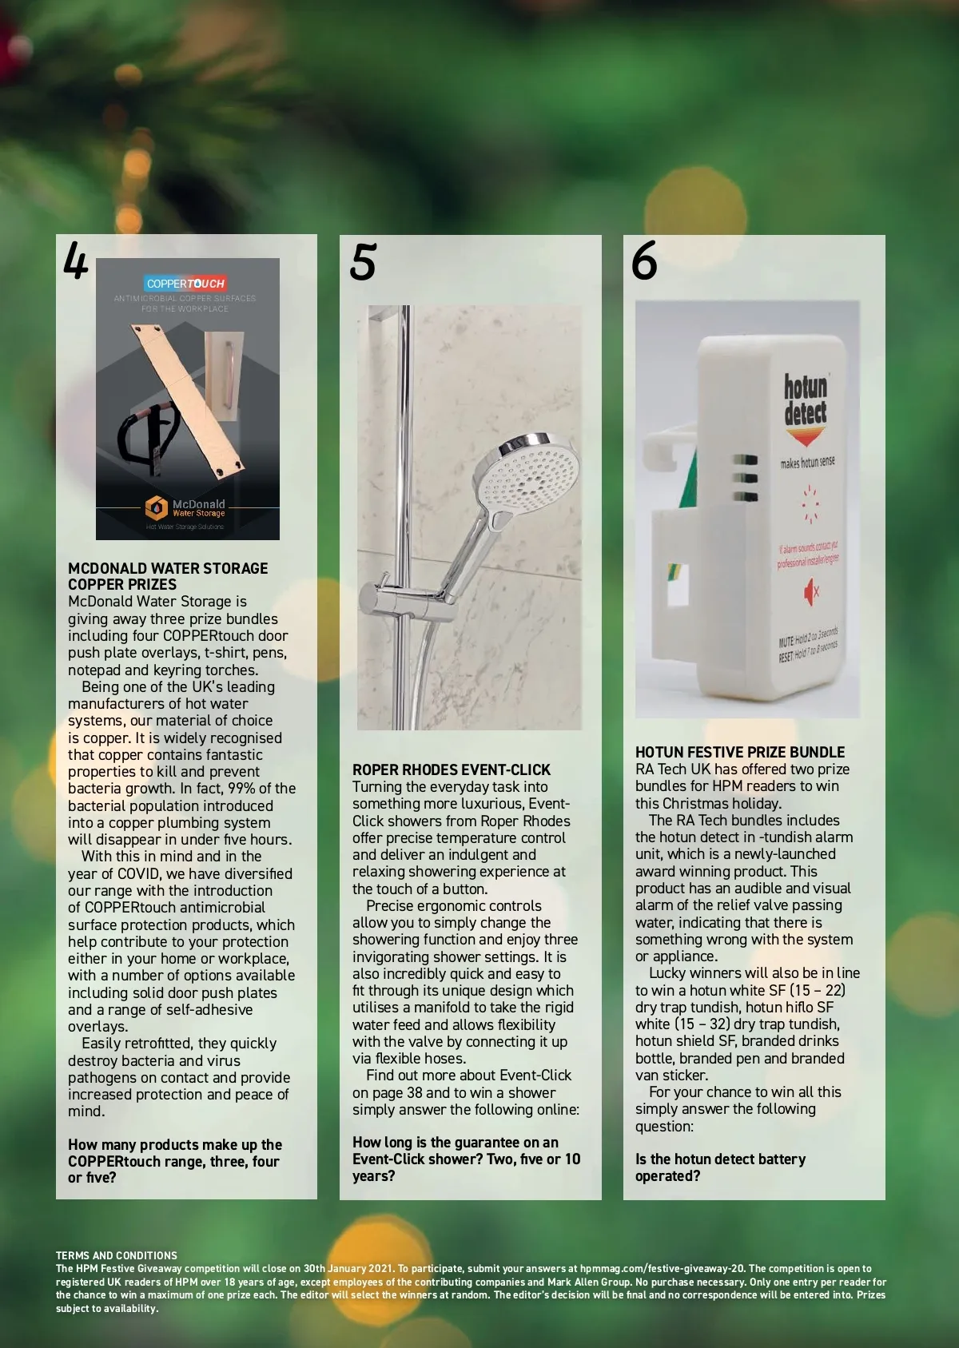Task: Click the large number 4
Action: coord(76,260)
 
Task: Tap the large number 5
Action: coord(362,261)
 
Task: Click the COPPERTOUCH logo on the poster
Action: coord(185,284)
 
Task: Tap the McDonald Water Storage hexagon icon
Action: coord(157,508)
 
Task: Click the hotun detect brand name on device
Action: coord(806,400)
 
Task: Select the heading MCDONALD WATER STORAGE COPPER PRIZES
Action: coord(168,576)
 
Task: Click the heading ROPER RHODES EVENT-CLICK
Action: coord(452,769)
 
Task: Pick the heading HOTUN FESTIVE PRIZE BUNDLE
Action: coord(740,752)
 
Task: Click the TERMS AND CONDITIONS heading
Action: coord(117,1255)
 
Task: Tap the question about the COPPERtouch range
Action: coord(174,1161)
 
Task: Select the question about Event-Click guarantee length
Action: coord(467,1159)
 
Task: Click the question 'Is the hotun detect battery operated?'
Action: coord(721,1167)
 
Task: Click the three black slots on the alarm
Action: coord(746,479)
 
